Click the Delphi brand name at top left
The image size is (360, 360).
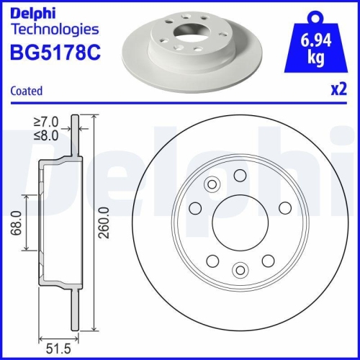pos(35,12)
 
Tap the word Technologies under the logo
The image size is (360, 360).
pos(55,30)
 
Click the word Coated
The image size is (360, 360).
pos(27,91)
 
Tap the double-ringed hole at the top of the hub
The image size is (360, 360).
pos(212,185)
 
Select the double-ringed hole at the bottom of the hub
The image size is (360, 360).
pos(240,271)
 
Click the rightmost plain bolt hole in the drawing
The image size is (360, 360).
pos(284,208)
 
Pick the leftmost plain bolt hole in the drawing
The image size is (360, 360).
pos(195,208)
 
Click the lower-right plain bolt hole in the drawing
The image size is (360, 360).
pos(267,260)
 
